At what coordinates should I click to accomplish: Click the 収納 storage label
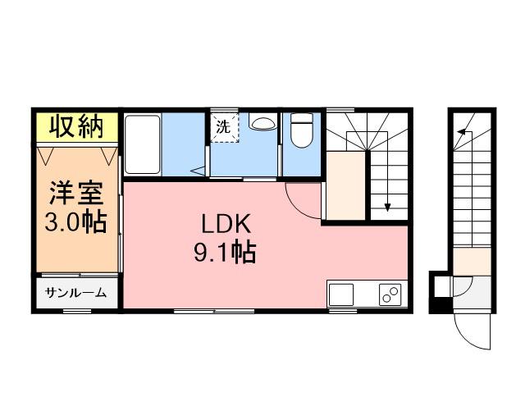[76, 126]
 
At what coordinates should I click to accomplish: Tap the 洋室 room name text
[76, 193]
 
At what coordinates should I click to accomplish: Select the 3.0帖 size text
[75, 221]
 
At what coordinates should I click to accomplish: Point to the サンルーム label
[76, 293]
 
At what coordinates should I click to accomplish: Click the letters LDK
[226, 224]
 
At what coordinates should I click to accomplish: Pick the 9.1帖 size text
[225, 252]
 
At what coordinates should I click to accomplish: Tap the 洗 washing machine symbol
[223, 127]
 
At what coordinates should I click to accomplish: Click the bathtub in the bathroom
[142, 144]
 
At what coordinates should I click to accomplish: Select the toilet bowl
[302, 130]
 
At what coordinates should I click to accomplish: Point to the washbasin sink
[263, 123]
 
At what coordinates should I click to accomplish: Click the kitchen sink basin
[341, 294]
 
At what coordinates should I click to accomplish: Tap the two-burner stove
[390, 294]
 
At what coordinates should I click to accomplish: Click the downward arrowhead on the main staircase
[387, 208]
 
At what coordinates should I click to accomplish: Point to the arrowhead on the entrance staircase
[461, 131]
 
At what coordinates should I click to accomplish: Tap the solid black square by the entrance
[441, 305]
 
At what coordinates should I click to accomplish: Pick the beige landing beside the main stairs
[346, 186]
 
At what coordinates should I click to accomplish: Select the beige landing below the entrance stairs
[472, 262]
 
